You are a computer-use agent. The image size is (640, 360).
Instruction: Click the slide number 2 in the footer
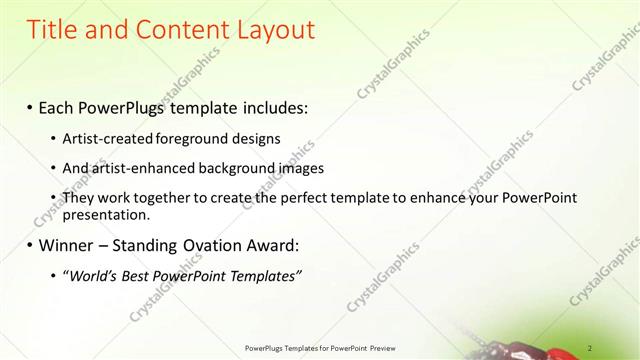[590, 347]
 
